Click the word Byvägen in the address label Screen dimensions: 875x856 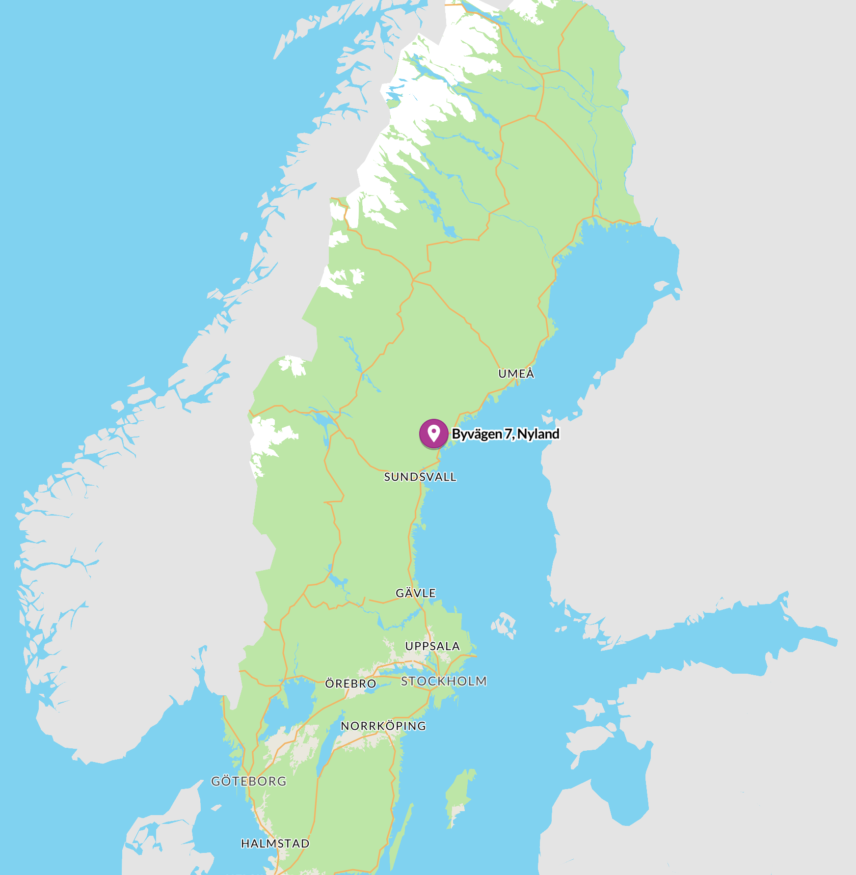477,434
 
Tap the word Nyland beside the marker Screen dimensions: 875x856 538,434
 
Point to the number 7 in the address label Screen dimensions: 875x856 508,434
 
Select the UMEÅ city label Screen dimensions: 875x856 516,374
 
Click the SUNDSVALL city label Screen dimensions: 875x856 420,477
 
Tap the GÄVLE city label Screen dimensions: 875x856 416,593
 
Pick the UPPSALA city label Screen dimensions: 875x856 432,646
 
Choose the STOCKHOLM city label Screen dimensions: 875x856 444,681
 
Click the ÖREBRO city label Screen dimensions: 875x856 350,684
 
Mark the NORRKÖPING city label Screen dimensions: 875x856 383,726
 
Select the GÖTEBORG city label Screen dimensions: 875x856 249,781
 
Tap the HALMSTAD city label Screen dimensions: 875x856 275,844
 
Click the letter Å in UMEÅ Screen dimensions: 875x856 530,373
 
